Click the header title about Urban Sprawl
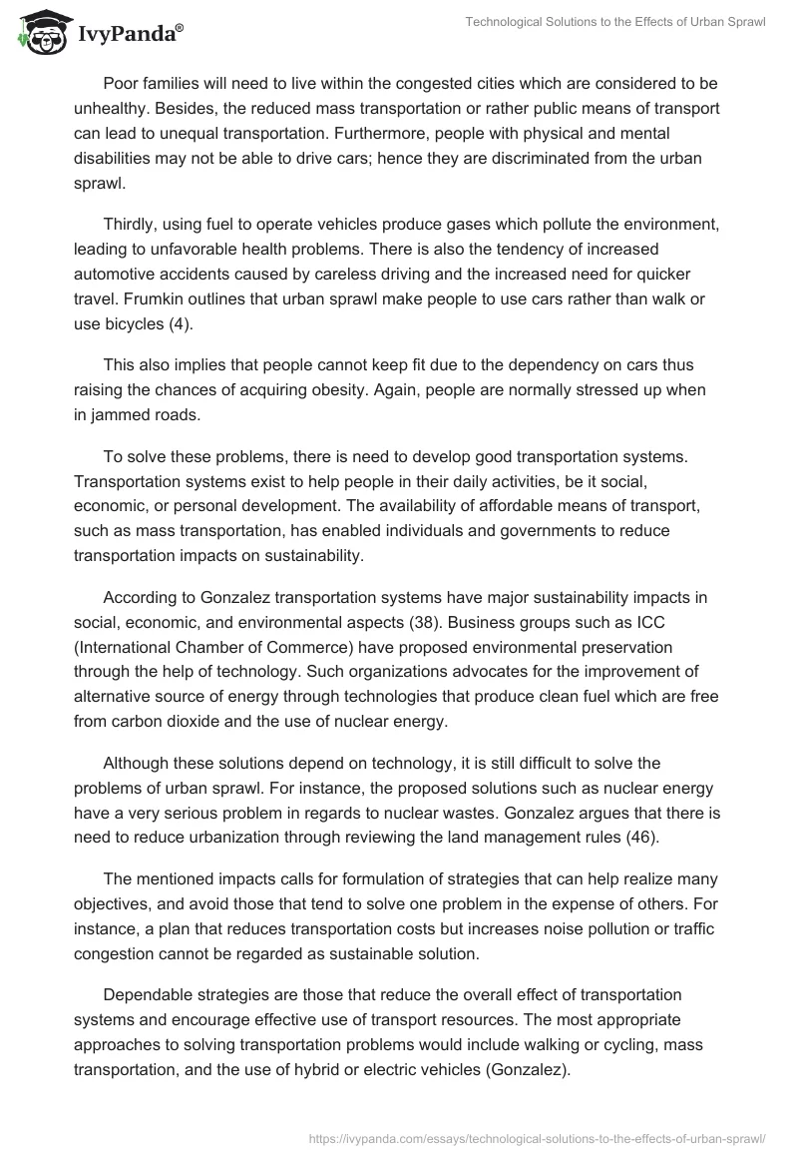pos(615,22)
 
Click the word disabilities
pos(115,159)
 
